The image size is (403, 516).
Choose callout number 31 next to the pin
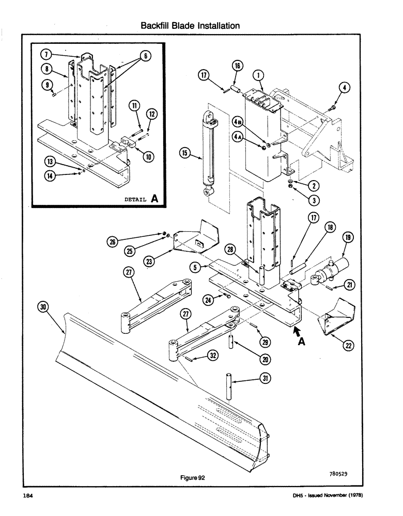[x=267, y=379]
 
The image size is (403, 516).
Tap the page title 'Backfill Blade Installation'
[x=190, y=25]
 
